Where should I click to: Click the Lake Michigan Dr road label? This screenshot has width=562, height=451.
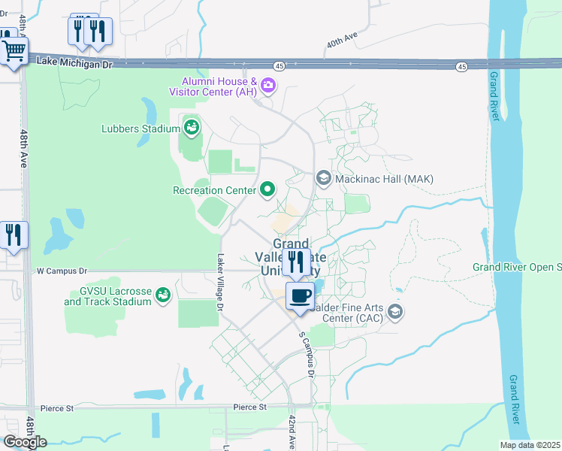pos(74,65)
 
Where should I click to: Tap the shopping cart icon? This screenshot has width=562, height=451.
pos(14,52)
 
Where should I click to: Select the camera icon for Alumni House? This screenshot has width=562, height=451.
pos(268,87)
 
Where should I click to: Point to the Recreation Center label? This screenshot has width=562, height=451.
pos(214,190)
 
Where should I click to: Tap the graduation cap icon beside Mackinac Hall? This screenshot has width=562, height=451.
pos(324,178)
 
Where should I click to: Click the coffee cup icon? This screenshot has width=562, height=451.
pos(301,296)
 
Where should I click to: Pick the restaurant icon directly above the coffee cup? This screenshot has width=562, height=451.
pos(295,262)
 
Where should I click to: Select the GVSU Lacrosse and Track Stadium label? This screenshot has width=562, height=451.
pos(107,297)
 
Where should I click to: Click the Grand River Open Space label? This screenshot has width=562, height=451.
pos(517,267)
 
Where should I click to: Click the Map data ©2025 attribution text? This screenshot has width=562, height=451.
pos(529,445)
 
